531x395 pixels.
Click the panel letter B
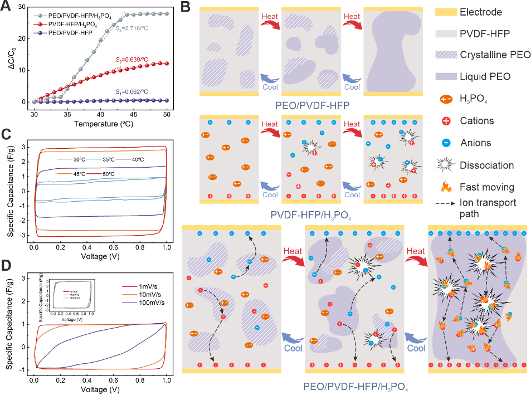point(186,8)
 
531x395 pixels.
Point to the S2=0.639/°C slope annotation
point(138,58)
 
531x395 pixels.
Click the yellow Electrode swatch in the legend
point(444,12)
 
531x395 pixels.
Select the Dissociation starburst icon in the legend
point(444,165)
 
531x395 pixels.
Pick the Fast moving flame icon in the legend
point(444,187)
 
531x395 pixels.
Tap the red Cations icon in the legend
point(444,120)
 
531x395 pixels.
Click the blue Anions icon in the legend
point(444,143)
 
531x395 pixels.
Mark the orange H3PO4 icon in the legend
point(444,99)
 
